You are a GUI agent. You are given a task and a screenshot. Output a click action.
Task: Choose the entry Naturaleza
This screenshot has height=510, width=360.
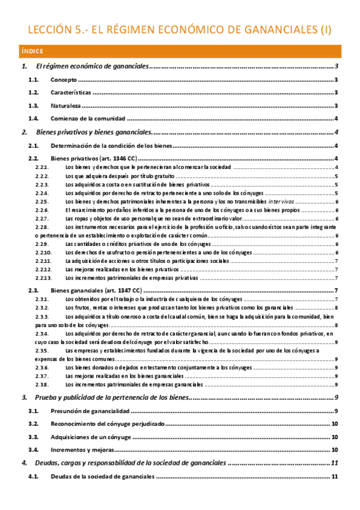coord(66,106)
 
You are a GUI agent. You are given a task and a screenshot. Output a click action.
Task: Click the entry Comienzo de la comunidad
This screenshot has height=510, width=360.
coord(88,118)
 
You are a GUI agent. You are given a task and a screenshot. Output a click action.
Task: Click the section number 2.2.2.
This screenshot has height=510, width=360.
coord(41,176)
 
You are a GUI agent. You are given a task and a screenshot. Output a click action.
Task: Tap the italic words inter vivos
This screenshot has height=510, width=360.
coord(278,201)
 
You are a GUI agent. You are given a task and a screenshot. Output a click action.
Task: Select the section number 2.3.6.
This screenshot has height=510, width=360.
coord(41,367)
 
